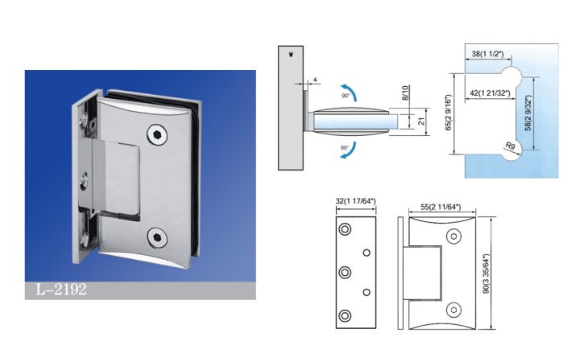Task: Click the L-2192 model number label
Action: click(61, 290)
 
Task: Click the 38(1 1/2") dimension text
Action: click(487, 54)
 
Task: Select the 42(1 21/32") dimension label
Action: click(490, 93)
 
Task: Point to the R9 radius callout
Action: click(510, 146)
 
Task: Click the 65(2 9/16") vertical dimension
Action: click(448, 113)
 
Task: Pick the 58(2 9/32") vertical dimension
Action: click(528, 113)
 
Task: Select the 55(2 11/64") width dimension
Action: click(441, 207)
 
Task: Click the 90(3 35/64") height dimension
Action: click(486, 274)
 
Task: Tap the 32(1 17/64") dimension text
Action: click(355, 201)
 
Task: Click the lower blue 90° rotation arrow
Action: click(349, 150)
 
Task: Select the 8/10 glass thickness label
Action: click(404, 93)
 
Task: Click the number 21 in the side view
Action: click(420, 121)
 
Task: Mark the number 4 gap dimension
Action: click(316, 80)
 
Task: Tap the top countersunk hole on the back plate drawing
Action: click(345, 229)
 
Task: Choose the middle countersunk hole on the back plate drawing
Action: click(345, 272)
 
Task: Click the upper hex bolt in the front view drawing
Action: click(453, 237)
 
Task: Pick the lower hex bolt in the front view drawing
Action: click(453, 310)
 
